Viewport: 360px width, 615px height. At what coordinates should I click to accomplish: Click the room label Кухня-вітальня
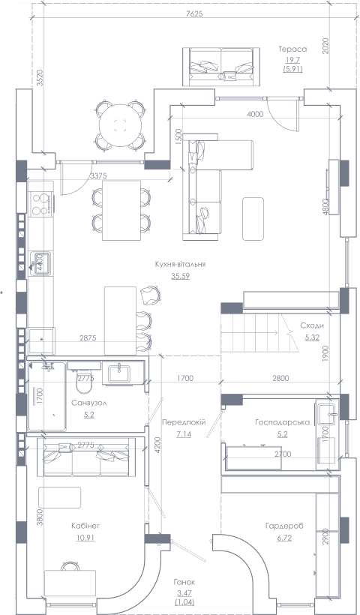point(180,264)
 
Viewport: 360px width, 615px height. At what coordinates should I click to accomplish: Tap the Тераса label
point(292,49)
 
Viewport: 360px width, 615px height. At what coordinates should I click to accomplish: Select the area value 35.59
point(181,276)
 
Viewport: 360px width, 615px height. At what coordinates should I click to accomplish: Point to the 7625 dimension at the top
point(194,14)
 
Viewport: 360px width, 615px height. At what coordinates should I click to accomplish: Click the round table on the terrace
point(121,125)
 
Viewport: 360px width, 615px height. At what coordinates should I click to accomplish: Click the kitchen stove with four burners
point(40,203)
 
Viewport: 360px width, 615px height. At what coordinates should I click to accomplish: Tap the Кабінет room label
point(85,526)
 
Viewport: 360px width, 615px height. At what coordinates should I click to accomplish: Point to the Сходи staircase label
point(312,325)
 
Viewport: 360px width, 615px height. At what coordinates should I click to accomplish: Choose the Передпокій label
point(184,422)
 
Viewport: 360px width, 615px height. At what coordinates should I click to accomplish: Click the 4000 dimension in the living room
point(255,114)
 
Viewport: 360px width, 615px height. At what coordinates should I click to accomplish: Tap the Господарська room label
point(282,422)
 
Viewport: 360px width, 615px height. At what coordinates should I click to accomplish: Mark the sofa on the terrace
point(221,66)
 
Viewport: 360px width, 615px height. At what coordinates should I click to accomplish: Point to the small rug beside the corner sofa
point(253,218)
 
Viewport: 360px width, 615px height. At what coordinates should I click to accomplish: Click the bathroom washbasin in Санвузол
point(119,373)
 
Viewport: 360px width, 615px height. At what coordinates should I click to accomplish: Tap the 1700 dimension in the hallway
point(185,379)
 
